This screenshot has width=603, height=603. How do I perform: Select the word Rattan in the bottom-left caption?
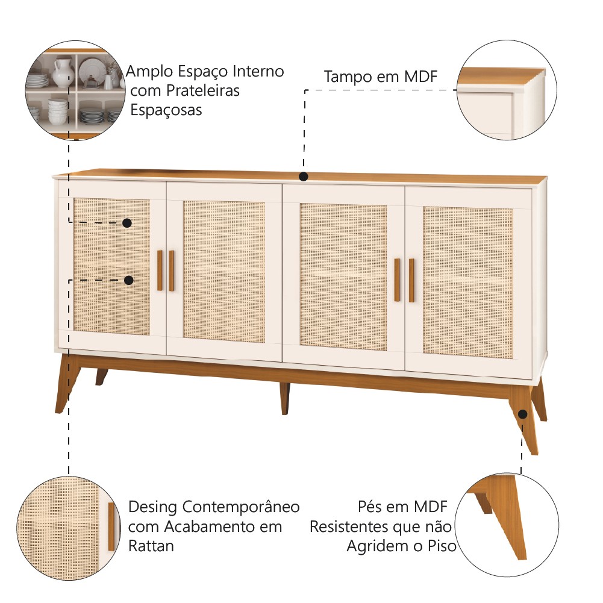click(x=151, y=546)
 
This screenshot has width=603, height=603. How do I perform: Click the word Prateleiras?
click(x=202, y=91)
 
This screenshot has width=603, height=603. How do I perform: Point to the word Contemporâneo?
click(x=241, y=507)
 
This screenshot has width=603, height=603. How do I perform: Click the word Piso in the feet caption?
click(x=442, y=546)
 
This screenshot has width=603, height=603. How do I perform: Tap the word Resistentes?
click(x=348, y=526)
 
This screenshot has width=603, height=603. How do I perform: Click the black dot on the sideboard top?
click(x=304, y=177)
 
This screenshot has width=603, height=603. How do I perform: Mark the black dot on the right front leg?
click(x=522, y=414)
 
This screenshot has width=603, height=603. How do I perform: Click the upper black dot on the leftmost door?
click(x=127, y=223)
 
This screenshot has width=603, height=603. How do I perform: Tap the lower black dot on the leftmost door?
click(x=128, y=280)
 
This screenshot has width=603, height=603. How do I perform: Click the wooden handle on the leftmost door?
click(x=160, y=270)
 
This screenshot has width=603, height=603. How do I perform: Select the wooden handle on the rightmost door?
click(x=411, y=280)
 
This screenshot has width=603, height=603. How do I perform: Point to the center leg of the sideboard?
click(x=284, y=398)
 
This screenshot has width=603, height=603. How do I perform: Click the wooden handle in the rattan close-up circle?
click(x=111, y=526)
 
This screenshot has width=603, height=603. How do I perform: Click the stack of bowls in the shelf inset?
click(x=57, y=111)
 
